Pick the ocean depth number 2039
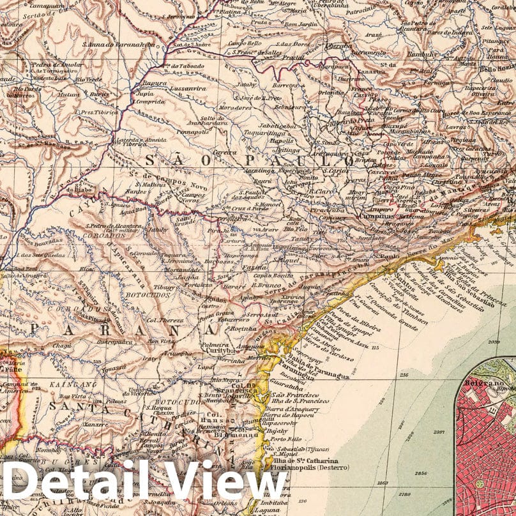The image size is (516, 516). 494,343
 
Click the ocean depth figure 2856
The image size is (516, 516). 421,473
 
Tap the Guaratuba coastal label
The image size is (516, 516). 285,386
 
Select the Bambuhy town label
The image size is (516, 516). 419,64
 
